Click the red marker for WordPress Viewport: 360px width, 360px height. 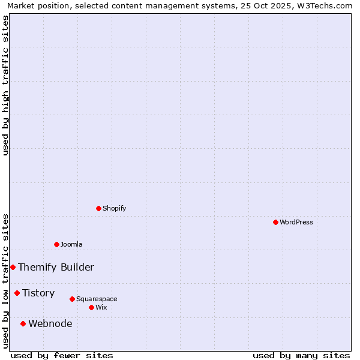tap(275, 222)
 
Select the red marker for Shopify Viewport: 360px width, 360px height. tap(98, 208)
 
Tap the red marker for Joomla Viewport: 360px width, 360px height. tap(56, 244)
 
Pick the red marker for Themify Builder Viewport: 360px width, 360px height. tap(13, 267)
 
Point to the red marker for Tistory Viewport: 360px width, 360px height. tap(17, 293)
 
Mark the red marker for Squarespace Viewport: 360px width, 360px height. tap(72, 299)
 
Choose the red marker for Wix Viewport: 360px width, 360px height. tap(91, 307)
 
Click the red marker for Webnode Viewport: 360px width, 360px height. tap(23, 323)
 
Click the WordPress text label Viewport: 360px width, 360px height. tap(296, 222)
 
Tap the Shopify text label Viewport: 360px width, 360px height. tap(115, 208)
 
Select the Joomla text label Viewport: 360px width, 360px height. tap(71, 244)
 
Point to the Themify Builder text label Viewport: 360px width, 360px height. tap(56, 267)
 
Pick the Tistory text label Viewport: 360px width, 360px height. tap(38, 293)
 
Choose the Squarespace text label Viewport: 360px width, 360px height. tap(97, 299)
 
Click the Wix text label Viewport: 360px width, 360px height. tap(101, 307)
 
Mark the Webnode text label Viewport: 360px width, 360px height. tap(50, 323)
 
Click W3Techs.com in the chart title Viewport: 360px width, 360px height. tap(325, 6)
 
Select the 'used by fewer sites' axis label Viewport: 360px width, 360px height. tap(62, 355)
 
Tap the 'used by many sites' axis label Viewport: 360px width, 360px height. tap(301, 355)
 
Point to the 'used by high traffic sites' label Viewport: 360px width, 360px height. tap(6, 85)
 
